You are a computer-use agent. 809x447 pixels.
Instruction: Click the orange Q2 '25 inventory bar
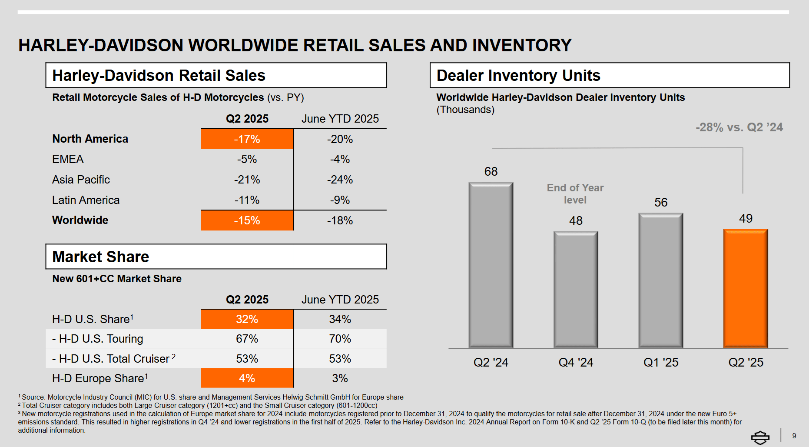pyautogui.click(x=746, y=288)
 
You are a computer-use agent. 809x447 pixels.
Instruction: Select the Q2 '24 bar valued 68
pyautogui.click(x=491, y=265)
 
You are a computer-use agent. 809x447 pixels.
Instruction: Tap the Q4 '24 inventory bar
pyautogui.click(x=576, y=289)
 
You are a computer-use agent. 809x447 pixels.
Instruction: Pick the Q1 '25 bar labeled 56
pyautogui.click(x=660, y=280)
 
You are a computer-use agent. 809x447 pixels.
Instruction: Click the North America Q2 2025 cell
pyautogui.click(x=247, y=139)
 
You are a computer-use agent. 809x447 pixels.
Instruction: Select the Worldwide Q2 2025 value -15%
pyautogui.click(x=247, y=220)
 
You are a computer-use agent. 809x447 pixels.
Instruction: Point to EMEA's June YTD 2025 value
pyautogui.click(x=340, y=160)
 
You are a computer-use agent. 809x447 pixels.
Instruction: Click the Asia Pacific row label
pyautogui.click(x=81, y=180)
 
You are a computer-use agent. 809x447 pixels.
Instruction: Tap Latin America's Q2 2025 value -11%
pyautogui.click(x=247, y=200)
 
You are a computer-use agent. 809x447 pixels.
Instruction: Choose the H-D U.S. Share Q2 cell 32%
pyautogui.click(x=247, y=319)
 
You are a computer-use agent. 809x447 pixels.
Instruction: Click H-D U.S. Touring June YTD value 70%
pyautogui.click(x=340, y=339)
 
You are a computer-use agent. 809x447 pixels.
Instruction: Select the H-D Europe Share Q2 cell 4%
pyautogui.click(x=247, y=378)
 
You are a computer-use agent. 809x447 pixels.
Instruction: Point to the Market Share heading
pyautogui.click(x=101, y=257)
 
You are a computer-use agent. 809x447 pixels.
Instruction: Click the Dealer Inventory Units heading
pyautogui.click(x=518, y=76)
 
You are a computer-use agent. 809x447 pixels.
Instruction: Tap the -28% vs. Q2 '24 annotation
pyautogui.click(x=739, y=127)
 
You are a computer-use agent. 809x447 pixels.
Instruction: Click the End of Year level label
pyautogui.click(x=575, y=194)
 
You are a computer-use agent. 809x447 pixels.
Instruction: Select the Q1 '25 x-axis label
pyautogui.click(x=661, y=362)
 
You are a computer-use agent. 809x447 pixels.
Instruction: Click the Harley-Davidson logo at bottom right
pyautogui.click(x=760, y=437)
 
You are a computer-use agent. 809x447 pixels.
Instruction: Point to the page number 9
pyautogui.click(x=794, y=436)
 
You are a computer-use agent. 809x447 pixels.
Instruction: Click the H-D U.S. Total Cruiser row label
pyautogui.click(x=114, y=359)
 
